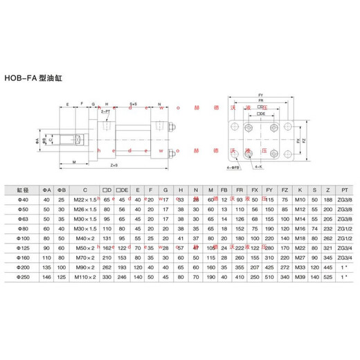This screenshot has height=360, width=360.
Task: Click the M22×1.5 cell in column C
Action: click(x=85, y=199)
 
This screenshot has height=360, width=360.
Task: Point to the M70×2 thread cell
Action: click(x=85, y=255)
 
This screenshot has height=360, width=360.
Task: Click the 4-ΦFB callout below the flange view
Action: click(x=233, y=166)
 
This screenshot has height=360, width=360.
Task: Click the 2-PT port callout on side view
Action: click(x=105, y=111)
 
